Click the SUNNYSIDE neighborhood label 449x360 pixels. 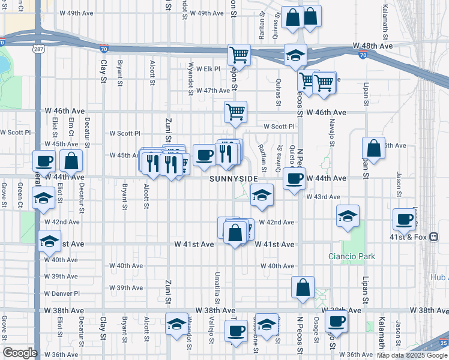[234, 179]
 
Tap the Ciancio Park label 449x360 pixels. [351, 256]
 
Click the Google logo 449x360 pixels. [20, 353]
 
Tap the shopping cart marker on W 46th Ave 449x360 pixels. [235, 111]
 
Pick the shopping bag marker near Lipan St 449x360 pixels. [373, 148]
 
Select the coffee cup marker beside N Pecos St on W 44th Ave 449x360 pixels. [294, 179]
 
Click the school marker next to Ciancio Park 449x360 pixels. [348, 217]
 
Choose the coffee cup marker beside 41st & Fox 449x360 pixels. [405, 220]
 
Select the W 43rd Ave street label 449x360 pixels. [323, 197]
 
